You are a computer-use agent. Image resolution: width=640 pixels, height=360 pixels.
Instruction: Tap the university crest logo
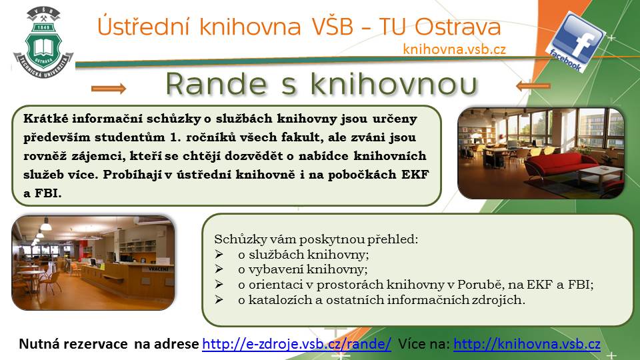(43, 41)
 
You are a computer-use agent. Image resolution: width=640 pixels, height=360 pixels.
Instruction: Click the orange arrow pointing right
(109, 88)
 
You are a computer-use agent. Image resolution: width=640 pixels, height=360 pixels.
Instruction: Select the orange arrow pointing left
(533, 86)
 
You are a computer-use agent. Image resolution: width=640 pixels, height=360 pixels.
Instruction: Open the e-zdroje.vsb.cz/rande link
(297, 344)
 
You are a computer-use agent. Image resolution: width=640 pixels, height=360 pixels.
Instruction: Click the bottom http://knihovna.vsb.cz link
(527, 344)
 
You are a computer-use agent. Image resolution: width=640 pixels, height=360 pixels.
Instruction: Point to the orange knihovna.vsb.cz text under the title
(454, 49)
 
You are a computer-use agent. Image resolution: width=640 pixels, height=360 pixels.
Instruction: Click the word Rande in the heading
(216, 85)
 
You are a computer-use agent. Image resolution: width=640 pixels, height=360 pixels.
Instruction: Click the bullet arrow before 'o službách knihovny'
(219, 254)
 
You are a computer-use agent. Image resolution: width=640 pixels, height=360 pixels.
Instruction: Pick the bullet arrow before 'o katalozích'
(219, 299)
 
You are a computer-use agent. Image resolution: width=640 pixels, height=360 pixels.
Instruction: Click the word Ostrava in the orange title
(457, 27)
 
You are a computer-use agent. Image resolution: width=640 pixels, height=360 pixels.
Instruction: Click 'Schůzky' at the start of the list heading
(234, 239)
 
